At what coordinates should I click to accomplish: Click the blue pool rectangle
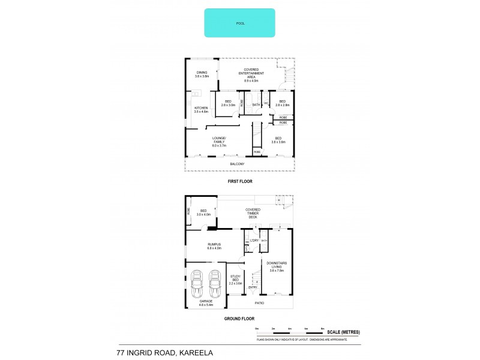tap(239, 23)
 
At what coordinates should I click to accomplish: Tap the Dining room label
tap(201, 74)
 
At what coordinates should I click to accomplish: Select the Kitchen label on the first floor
tap(200, 110)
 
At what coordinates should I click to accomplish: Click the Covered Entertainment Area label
tap(247, 75)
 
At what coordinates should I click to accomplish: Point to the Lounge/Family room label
tap(218, 143)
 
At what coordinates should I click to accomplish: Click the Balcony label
tap(237, 164)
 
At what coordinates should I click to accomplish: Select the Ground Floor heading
tap(239, 319)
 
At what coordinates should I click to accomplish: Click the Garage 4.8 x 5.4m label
tap(206, 302)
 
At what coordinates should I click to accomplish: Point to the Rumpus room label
tap(215, 246)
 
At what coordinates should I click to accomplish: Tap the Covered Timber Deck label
tap(252, 213)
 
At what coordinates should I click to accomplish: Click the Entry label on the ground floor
tap(253, 287)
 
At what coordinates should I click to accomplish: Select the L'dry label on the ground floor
tap(253, 240)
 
